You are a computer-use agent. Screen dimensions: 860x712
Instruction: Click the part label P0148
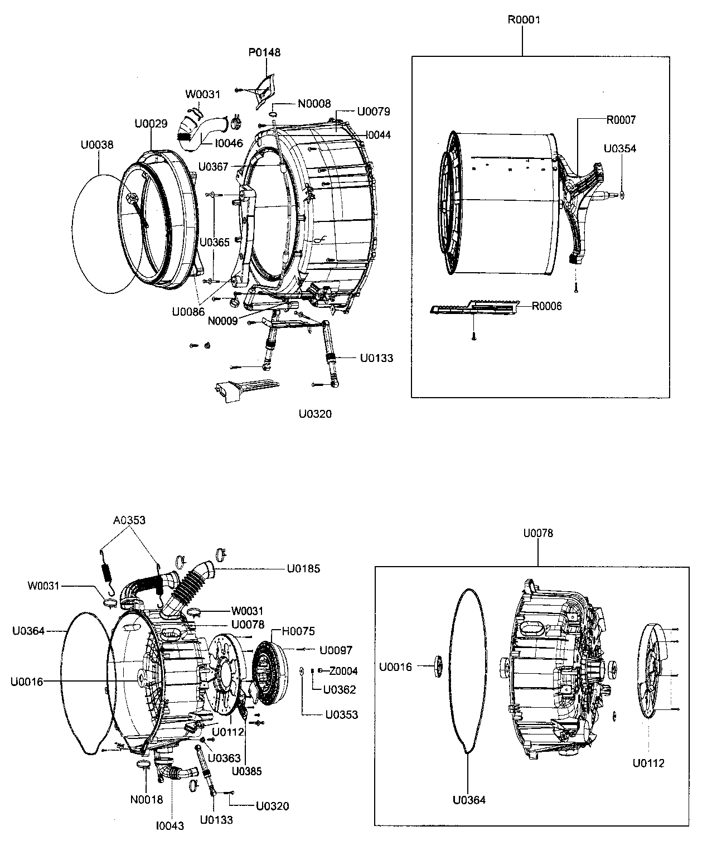(264, 53)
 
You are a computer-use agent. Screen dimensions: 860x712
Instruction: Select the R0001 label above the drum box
(524, 20)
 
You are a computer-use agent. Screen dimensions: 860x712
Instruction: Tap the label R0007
(621, 120)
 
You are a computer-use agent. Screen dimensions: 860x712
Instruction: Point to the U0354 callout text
(619, 149)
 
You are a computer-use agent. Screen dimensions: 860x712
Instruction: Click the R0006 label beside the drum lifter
(546, 306)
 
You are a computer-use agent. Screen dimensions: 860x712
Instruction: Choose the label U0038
(97, 145)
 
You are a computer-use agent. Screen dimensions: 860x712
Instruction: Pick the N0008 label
(314, 104)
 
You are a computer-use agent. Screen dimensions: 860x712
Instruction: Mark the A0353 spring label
(129, 520)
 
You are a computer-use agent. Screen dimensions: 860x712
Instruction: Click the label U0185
(303, 569)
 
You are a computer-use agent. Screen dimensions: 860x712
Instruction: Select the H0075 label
(298, 631)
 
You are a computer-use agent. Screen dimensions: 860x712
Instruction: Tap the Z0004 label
(343, 671)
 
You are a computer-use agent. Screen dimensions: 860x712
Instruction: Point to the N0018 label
(147, 800)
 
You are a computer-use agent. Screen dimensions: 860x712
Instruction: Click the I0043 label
(170, 825)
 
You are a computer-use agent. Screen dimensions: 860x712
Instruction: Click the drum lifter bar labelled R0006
(474, 307)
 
